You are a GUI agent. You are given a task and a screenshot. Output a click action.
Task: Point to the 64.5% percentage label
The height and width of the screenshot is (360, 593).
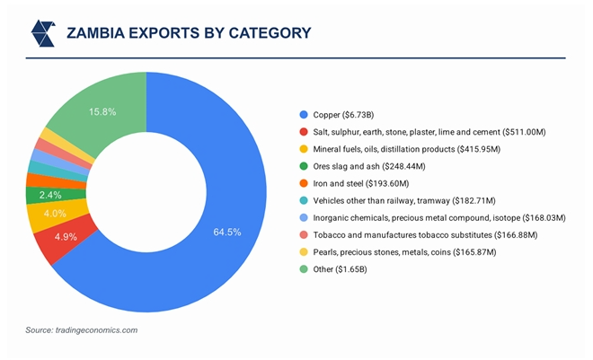(226, 233)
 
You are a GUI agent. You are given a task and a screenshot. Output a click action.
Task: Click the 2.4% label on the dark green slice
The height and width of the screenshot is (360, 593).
(50, 195)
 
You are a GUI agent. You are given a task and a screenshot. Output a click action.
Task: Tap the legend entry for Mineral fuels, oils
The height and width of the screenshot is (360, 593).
(402, 149)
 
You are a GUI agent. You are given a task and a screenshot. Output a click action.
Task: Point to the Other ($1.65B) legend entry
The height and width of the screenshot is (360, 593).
(345, 269)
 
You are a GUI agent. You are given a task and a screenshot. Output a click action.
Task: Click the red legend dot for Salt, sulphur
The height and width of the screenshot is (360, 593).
(303, 132)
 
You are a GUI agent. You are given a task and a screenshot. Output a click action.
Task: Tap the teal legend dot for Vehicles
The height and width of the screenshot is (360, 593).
(303, 200)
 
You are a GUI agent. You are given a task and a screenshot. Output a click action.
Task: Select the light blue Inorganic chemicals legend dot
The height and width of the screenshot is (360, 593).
(303, 218)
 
